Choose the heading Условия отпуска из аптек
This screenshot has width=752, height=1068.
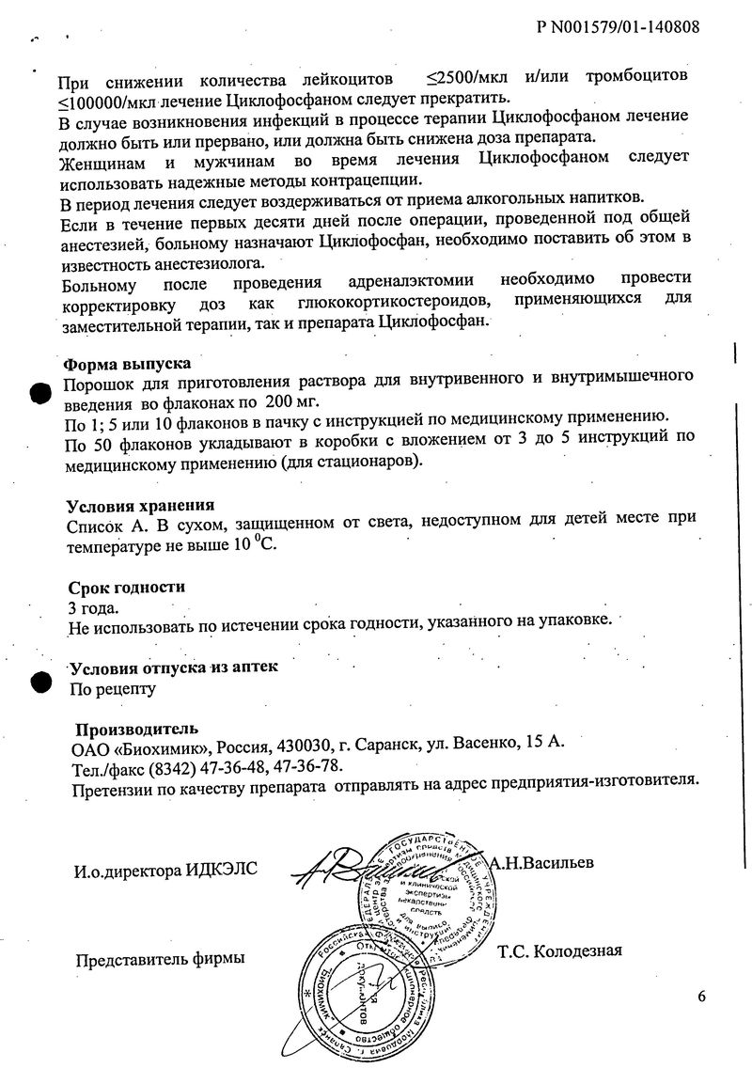175,667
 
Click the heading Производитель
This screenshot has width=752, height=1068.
136,729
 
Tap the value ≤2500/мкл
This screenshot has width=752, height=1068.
469,75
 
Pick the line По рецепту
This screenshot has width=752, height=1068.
113,688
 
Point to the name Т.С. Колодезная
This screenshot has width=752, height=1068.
559,950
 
